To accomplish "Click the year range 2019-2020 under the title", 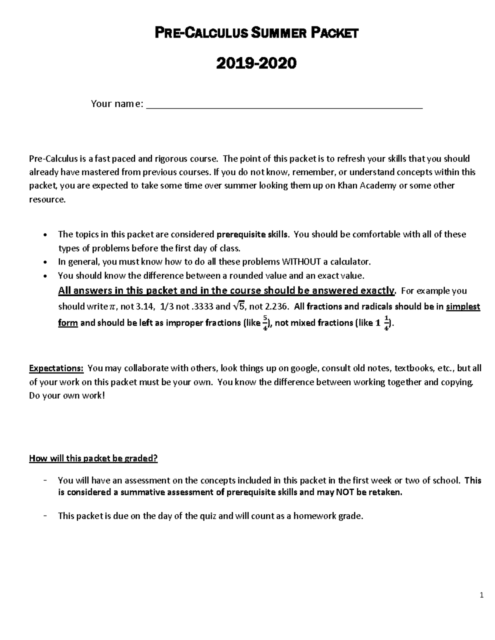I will point(256,63).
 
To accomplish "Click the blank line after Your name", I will point(285,105).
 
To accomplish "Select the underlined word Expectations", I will point(57,368).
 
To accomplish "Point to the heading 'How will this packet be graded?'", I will point(93,458).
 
